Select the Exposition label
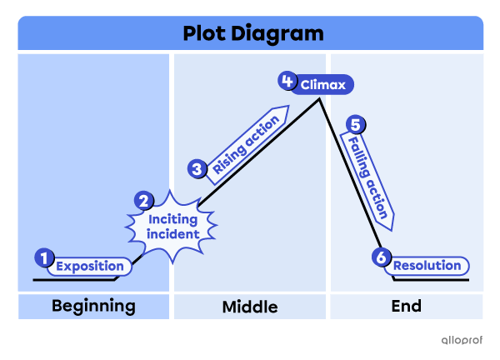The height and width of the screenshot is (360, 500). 90,267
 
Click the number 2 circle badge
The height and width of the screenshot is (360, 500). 144,201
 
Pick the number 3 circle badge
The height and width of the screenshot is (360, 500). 197,169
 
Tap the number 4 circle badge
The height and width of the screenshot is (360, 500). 287,81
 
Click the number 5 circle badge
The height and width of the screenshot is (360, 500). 356,125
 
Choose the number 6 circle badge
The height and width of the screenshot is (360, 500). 382,257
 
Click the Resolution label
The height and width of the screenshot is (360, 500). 427,266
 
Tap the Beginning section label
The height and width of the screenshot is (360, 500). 93,306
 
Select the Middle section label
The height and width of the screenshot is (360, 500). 250,307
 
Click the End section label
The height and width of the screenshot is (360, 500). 406,306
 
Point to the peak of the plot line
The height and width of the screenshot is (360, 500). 319,100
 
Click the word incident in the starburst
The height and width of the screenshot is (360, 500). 174,234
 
